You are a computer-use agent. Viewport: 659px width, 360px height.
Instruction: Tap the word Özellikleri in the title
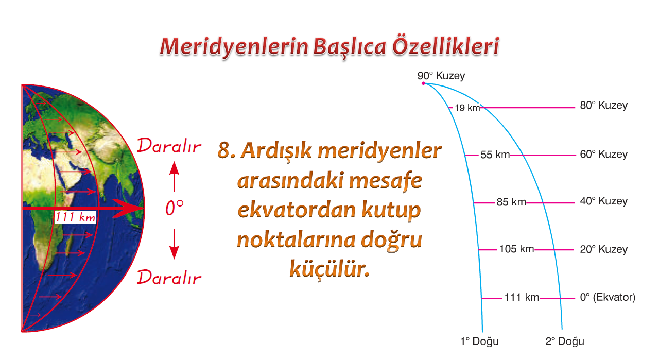pyautogui.click(x=445, y=46)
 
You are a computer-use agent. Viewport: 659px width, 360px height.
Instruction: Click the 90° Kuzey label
pyautogui.click(x=441, y=76)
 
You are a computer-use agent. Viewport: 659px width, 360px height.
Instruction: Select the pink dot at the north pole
pyautogui.click(x=423, y=83)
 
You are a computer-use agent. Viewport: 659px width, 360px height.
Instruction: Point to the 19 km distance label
pyautogui.click(x=467, y=108)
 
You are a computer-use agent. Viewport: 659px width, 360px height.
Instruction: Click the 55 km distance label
pyautogui.click(x=495, y=155)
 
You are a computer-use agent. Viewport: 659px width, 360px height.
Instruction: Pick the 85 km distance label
pyautogui.click(x=511, y=202)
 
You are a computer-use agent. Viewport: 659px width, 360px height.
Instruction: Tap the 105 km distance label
pyautogui.click(x=516, y=249)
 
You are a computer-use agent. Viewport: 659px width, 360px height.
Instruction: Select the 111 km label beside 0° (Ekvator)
pyautogui.click(x=522, y=297)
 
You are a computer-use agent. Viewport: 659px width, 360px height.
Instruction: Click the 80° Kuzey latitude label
pyautogui.click(x=603, y=105)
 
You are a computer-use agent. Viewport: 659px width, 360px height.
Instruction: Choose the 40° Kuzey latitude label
pyautogui.click(x=603, y=201)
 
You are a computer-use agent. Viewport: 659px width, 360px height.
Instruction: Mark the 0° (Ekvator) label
pyautogui.click(x=608, y=297)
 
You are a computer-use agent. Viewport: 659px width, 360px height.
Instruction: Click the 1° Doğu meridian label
pyautogui.click(x=479, y=341)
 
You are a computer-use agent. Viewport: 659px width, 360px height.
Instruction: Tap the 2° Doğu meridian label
pyautogui.click(x=565, y=341)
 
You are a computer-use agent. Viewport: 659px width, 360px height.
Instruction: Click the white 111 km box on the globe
pyautogui.click(x=75, y=217)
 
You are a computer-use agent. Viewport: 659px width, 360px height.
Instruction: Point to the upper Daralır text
pyautogui.click(x=169, y=146)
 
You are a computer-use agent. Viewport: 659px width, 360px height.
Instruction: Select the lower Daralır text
pyautogui.click(x=169, y=277)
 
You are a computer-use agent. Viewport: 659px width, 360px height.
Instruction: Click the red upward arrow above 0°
pyautogui.click(x=174, y=176)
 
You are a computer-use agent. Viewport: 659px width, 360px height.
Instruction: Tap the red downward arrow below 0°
pyautogui.click(x=174, y=244)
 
